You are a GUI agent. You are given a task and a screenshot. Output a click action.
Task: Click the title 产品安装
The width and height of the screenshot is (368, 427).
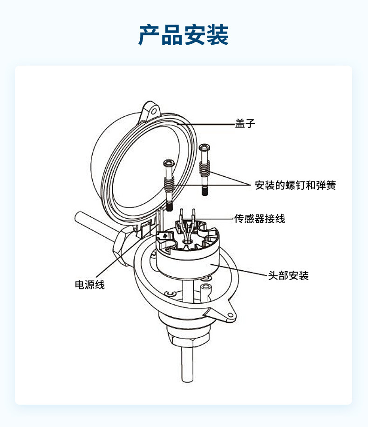click(x=184, y=35)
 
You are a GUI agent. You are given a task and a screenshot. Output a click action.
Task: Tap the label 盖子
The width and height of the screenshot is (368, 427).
click(x=245, y=124)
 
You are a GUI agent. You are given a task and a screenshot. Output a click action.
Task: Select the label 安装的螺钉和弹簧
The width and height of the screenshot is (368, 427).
click(x=295, y=185)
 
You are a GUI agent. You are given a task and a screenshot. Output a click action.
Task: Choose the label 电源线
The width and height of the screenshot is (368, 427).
click(x=90, y=285)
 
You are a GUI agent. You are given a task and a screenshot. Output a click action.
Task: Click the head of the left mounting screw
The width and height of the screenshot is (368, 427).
click(x=169, y=163)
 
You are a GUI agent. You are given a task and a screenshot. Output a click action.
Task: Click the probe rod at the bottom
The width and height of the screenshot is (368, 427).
click(x=185, y=367)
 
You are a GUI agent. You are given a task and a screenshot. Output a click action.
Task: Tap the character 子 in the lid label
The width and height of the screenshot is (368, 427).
click(x=250, y=124)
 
